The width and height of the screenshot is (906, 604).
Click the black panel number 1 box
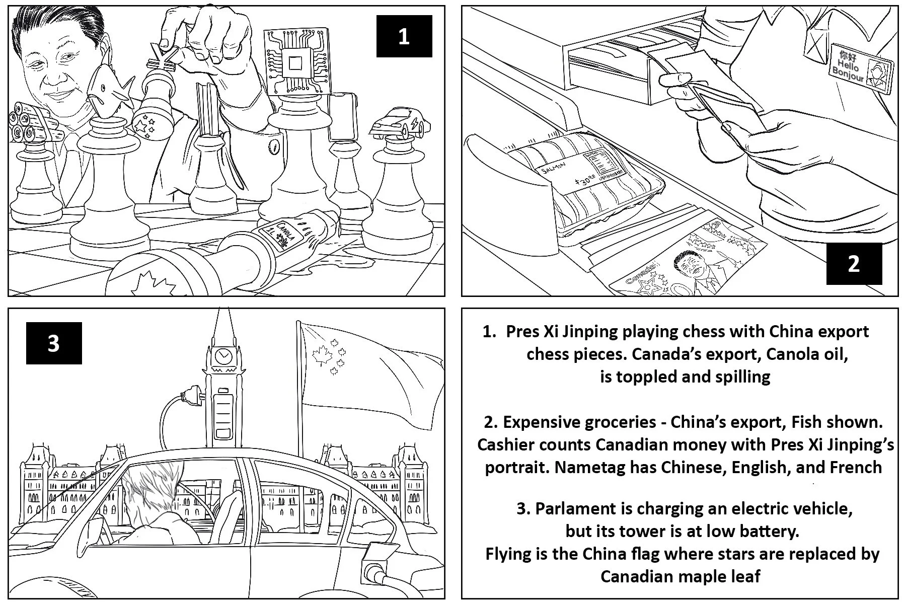click(x=404, y=36)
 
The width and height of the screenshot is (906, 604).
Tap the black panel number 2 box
click(x=854, y=264)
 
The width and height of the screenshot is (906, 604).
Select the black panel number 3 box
click(x=54, y=343)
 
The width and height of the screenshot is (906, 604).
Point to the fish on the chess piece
click(x=107, y=91)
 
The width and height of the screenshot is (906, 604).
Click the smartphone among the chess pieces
click(x=342, y=117)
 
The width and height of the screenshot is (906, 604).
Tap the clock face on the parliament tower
click(x=222, y=356)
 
